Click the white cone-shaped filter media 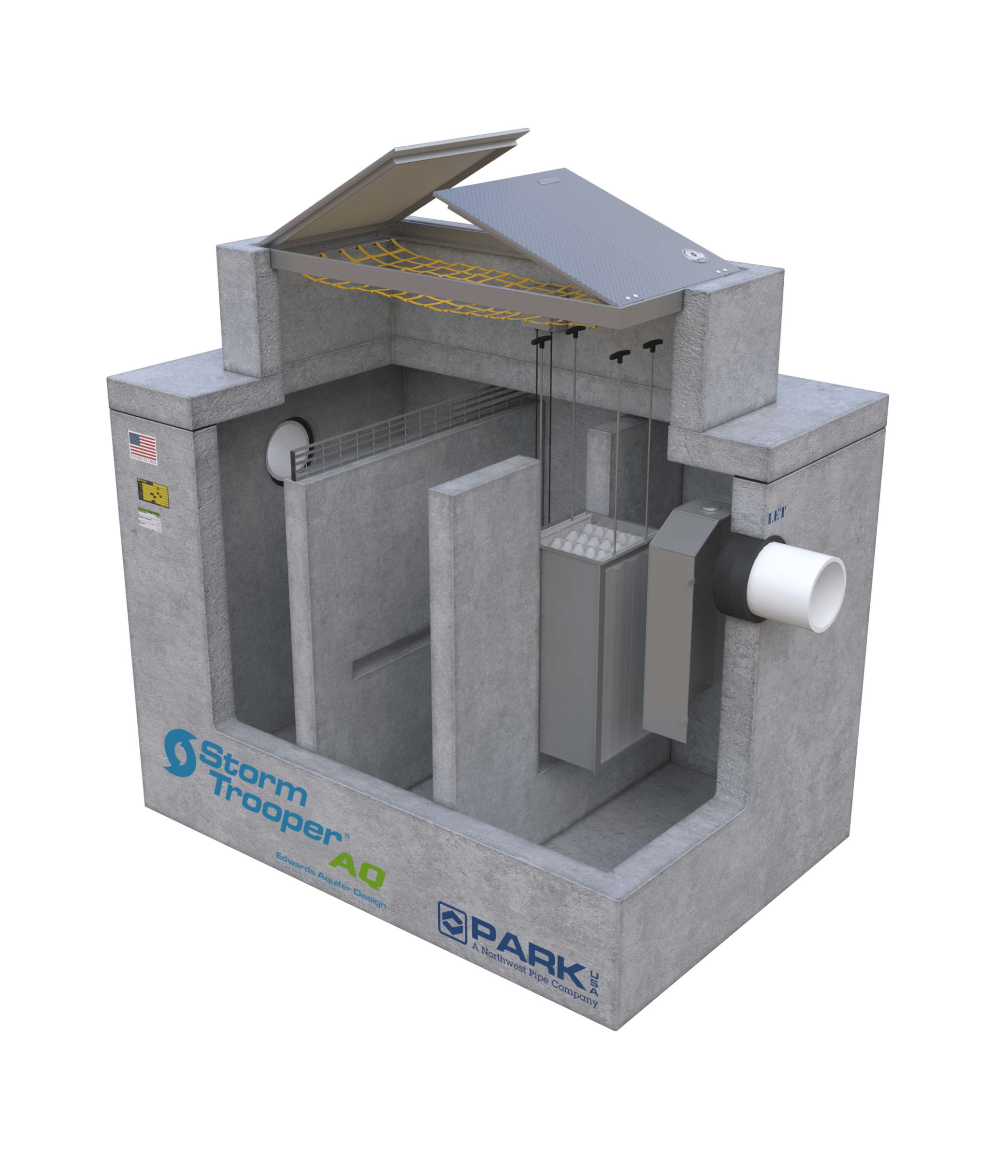(x=593, y=537)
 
